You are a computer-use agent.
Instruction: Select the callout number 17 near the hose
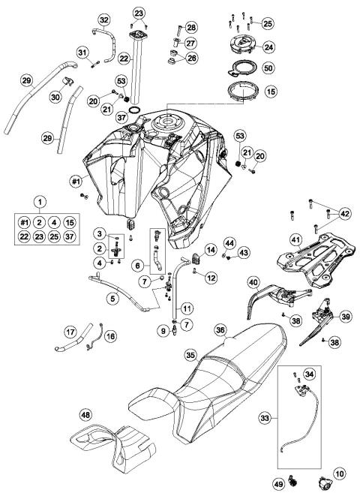(70, 331)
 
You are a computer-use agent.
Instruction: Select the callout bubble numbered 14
(211, 249)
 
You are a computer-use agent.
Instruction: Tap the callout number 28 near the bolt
(191, 27)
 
